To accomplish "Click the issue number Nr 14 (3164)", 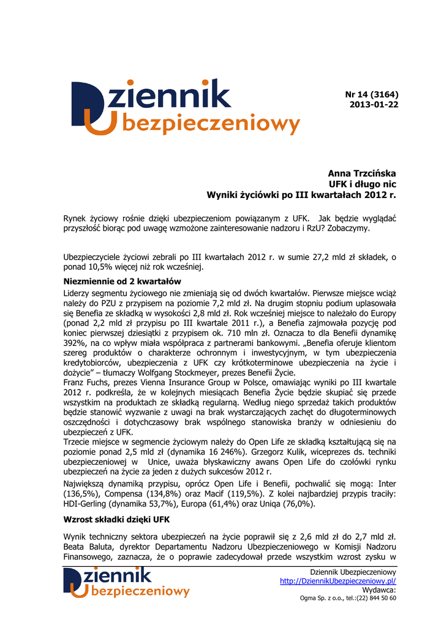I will coord(372,94).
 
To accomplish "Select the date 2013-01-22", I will coord(374,105).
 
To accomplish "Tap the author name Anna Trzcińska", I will coord(363,174).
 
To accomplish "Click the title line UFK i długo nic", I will coord(363,184).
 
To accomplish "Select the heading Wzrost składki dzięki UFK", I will coord(116,519).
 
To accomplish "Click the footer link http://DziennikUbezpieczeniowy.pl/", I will coord(338,581).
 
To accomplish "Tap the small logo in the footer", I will coord(126,582).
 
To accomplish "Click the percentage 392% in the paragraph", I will coord(76,343).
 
